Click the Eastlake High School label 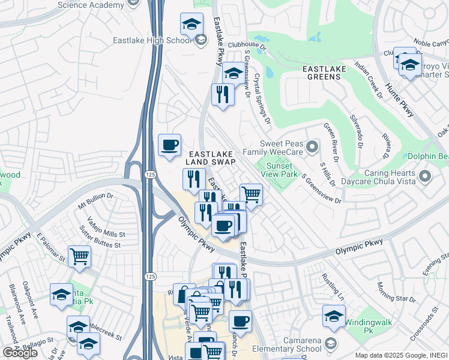point(152,41)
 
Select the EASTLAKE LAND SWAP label point(210,158)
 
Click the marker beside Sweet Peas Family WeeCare point(312,146)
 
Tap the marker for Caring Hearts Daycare point(425,176)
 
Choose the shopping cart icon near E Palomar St point(79,257)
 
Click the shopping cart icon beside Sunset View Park point(251,194)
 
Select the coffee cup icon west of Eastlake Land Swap point(169,145)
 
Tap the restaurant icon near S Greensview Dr point(223,94)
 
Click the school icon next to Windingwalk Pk point(334,316)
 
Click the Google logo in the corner point(20,352)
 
